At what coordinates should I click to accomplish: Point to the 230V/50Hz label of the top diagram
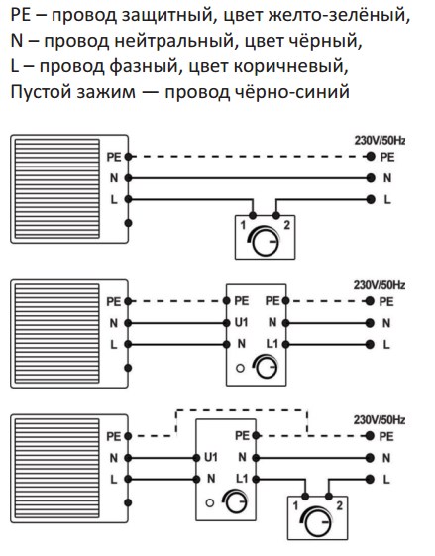click(380, 141)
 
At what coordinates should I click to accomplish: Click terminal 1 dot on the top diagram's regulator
click(253, 215)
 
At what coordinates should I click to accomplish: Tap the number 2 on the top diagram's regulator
click(286, 225)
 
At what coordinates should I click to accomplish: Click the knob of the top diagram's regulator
click(266, 242)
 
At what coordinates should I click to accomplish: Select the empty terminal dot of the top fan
click(129, 223)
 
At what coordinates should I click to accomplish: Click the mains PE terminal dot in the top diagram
click(371, 157)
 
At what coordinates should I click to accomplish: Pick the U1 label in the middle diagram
click(241, 323)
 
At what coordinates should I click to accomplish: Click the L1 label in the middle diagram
click(272, 344)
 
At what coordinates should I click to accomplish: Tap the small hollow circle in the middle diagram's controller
click(240, 368)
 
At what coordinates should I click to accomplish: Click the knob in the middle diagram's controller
click(267, 368)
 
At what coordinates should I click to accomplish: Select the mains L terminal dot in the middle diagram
click(370, 344)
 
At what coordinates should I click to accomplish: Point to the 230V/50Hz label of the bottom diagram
click(379, 420)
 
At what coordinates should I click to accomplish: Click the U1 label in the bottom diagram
click(211, 458)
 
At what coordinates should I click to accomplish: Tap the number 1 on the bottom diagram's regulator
click(295, 506)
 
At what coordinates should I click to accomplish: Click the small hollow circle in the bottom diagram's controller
click(210, 502)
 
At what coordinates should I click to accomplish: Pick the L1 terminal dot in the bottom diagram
click(256, 480)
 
